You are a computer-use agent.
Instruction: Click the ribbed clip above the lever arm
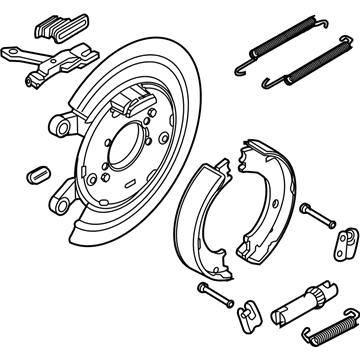click(53, 26)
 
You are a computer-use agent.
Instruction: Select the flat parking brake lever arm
click(50, 62)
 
